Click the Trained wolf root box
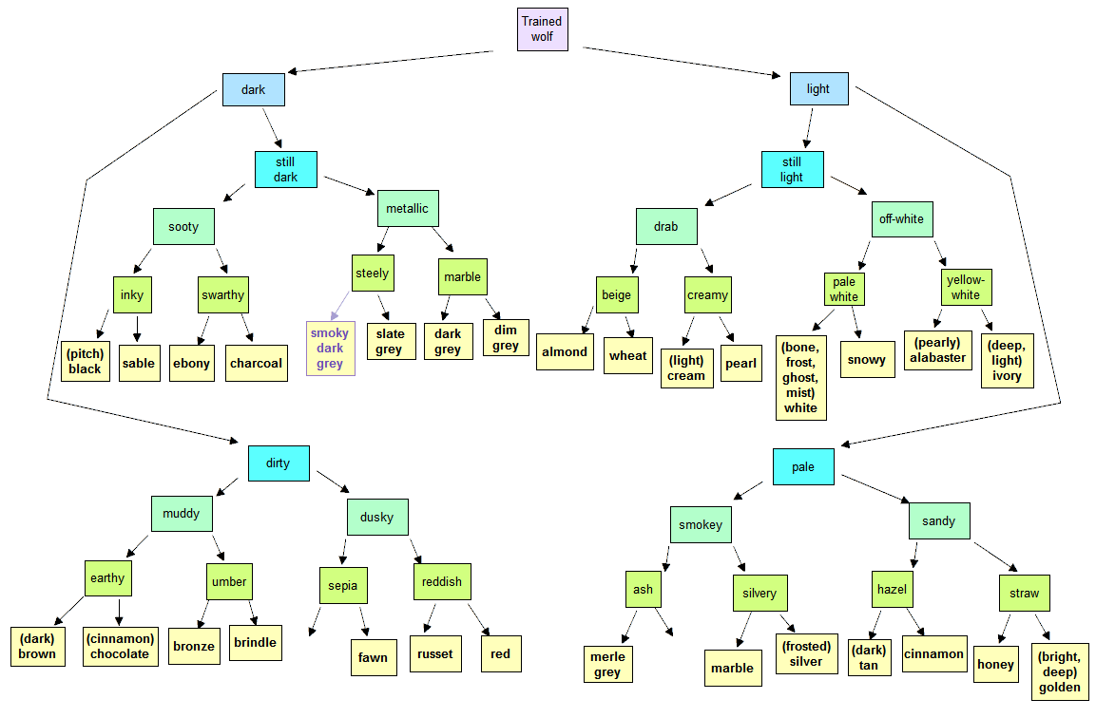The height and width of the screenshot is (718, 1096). (543, 29)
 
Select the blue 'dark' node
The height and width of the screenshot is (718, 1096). (254, 89)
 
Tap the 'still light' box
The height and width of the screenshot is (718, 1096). (793, 170)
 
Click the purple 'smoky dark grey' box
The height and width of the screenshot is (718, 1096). (331, 349)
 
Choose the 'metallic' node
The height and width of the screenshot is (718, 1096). (408, 208)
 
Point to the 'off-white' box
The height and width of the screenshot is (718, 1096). (902, 218)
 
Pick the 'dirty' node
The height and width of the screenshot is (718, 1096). (279, 463)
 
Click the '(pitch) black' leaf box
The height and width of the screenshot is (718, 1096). (86, 361)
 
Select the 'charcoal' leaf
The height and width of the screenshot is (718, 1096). (257, 363)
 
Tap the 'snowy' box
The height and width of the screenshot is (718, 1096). (868, 360)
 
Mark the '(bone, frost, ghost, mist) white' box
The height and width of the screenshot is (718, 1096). (801, 378)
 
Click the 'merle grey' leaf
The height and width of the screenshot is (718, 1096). (608, 664)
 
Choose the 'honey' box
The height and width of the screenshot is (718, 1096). (995, 664)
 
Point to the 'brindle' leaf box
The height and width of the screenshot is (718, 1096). (256, 643)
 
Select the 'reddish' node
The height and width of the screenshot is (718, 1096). (442, 582)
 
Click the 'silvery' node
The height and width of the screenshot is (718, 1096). (760, 593)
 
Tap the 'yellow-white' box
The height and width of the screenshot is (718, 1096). (966, 287)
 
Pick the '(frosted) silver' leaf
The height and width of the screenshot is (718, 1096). (807, 653)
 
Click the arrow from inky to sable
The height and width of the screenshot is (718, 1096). (137, 329)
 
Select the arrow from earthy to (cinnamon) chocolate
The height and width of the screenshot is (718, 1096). (119, 612)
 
